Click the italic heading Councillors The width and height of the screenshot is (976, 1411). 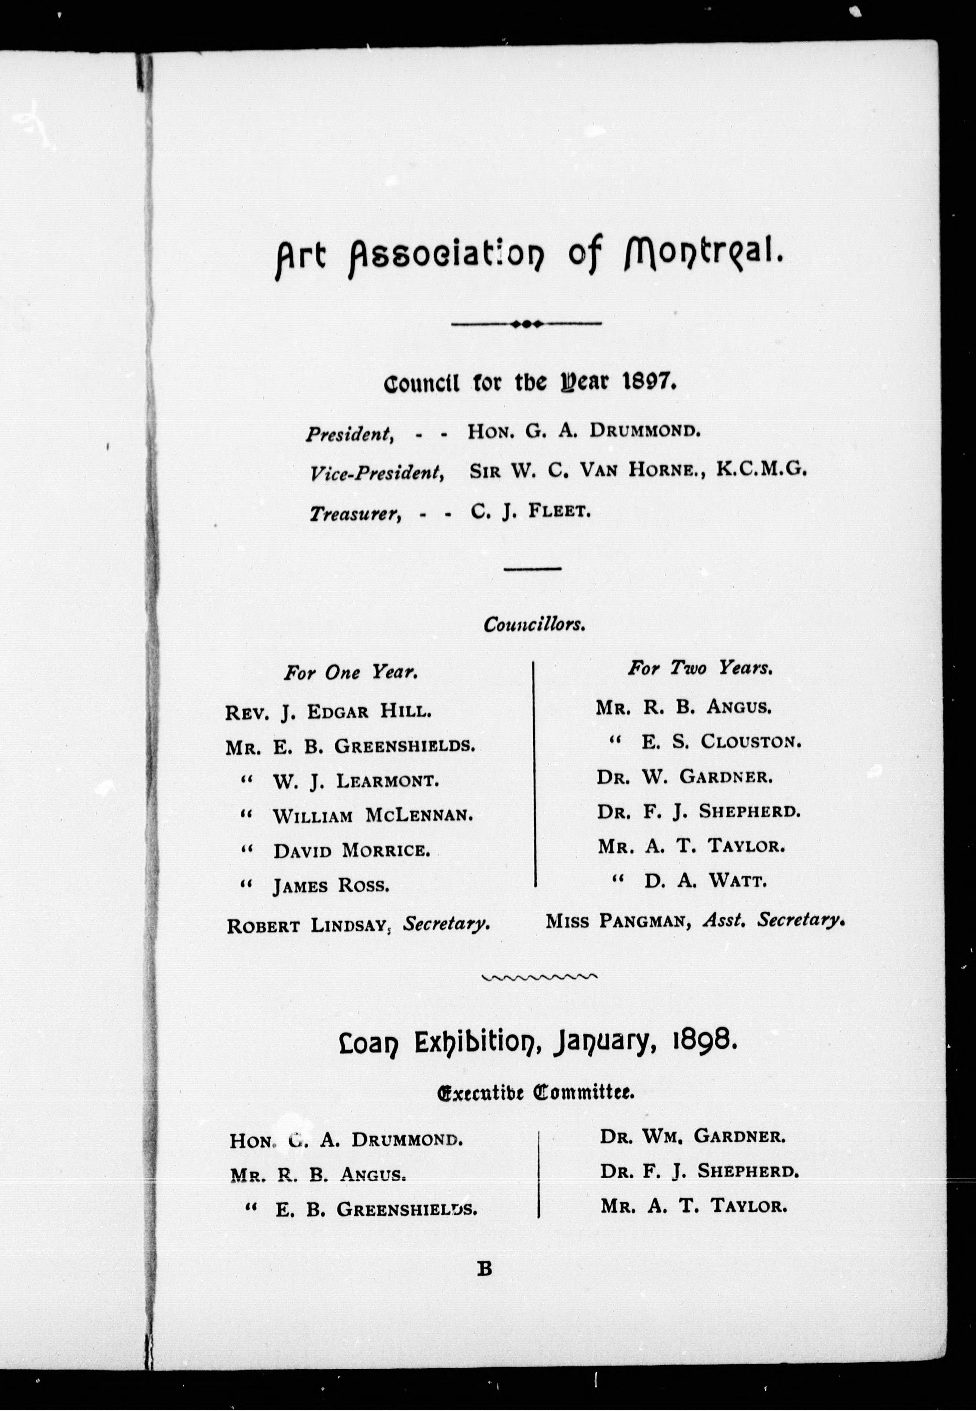pyautogui.click(x=534, y=624)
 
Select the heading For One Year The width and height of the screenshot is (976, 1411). pyautogui.click(x=350, y=673)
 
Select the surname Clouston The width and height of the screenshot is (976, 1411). pyautogui.click(x=751, y=742)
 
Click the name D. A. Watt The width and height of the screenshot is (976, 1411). pyautogui.click(x=704, y=881)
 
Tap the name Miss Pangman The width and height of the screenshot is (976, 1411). pyautogui.click(x=618, y=921)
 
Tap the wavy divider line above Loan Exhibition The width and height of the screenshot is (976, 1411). pyautogui.click(x=539, y=977)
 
